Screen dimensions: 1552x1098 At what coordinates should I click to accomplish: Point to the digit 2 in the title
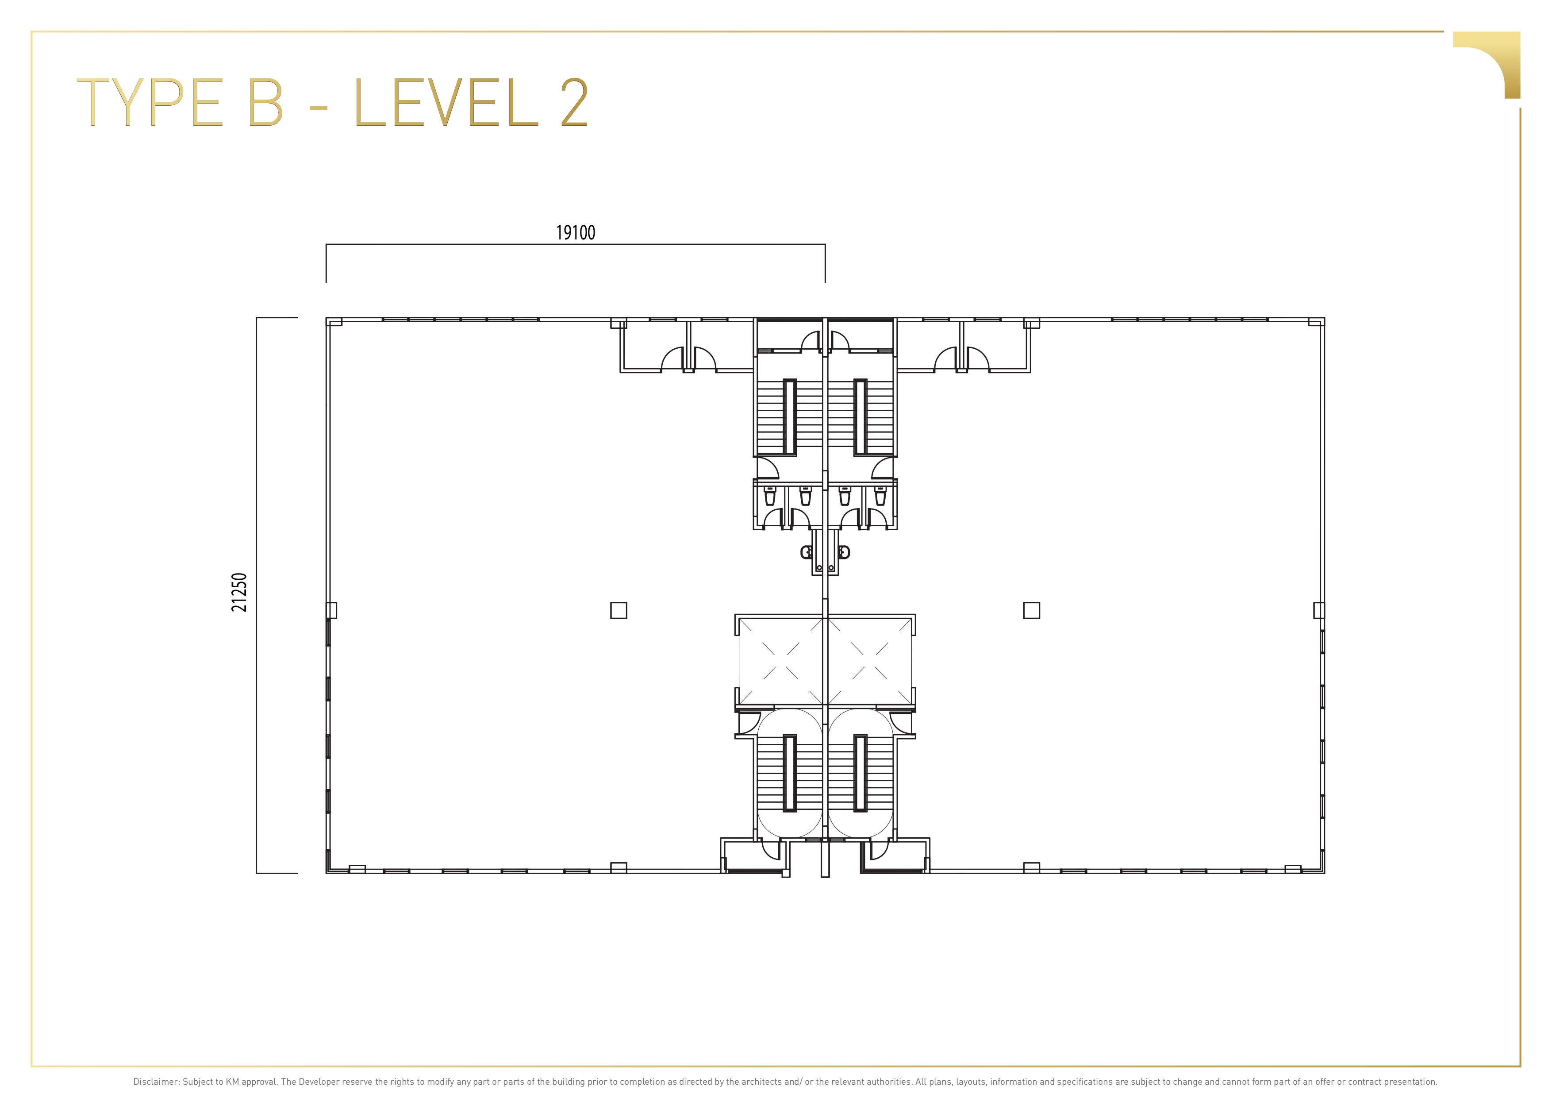[x=574, y=102]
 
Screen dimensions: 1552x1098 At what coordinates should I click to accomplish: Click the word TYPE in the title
[x=150, y=103]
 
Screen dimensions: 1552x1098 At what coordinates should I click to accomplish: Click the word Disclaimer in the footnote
[x=156, y=1082]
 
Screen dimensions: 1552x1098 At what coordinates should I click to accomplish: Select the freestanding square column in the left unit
[x=618, y=611]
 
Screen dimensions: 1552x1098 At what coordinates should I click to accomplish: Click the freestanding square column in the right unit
[x=1032, y=611]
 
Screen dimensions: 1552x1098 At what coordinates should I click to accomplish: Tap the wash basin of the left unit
[x=807, y=552]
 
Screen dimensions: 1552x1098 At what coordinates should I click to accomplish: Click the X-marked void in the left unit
[x=781, y=661]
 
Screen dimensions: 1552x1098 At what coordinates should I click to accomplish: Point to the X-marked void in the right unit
[x=869, y=661]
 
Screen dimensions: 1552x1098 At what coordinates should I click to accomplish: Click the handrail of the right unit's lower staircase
[x=860, y=773]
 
